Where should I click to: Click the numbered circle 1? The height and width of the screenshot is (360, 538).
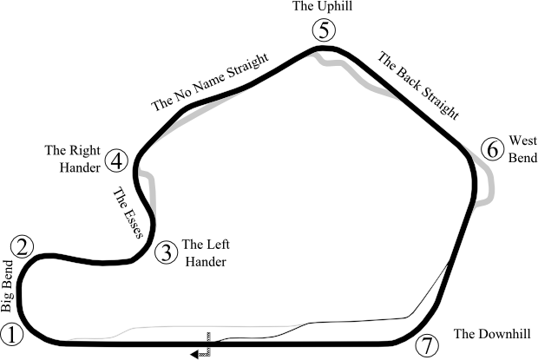tap(11, 333)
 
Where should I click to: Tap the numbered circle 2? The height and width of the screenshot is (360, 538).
tap(24, 245)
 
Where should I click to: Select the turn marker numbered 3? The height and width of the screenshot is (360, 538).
tap(167, 252)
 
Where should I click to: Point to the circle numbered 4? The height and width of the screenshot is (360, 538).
tap(118, 160)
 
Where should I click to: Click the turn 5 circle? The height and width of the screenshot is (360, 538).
tap(324, 32)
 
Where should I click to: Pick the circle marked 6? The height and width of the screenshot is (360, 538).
tap(492, 149)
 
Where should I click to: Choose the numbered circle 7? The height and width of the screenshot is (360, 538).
tap(424, 345)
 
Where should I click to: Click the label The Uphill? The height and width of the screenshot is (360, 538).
tap(324, 7)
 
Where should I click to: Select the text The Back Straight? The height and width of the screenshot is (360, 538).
tap(418, 85)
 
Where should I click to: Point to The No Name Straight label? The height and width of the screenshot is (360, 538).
tap(210, 87)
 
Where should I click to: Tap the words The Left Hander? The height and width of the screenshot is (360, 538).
tap(206, 252)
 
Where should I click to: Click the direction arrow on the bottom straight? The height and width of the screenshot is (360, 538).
tap(198, 352)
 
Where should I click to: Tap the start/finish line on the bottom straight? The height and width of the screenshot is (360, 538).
tap(207, 338)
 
